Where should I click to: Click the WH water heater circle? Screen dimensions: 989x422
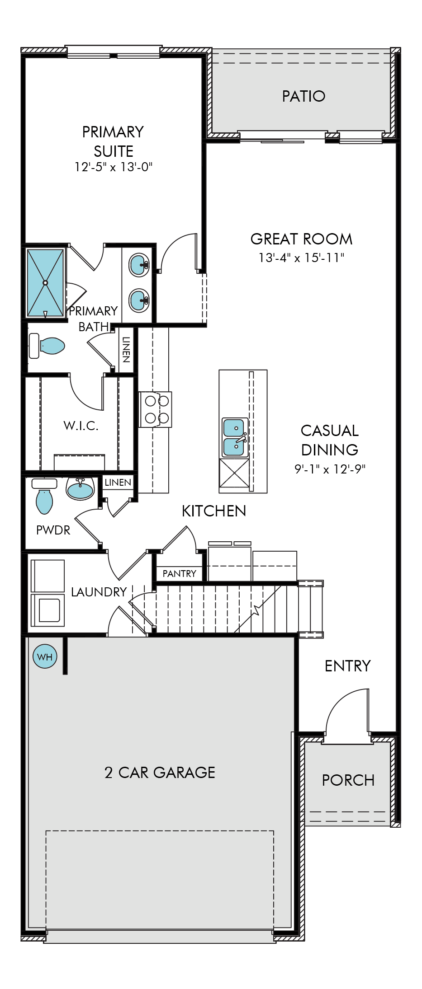pyautogui.click(x=45, y=656)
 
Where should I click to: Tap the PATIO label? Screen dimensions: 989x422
pyautogui.click(x=303, y=96)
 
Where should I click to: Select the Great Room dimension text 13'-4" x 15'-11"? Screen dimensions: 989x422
pyautogui.click(x=301, y=258)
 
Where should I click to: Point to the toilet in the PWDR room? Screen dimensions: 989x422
pyautogui.click(x=44, y=500)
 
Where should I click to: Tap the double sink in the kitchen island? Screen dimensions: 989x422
pyautogui.click(x=234, y=437)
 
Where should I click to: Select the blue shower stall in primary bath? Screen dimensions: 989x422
pyautogui.click(x=45, y=283)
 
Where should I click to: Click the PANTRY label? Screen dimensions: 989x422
pyautogui.click(x=179, y=573)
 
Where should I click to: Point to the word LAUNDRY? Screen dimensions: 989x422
pyautogui.click(x=99, y=592)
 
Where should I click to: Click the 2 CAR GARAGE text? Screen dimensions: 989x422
pyautogui.click(x=160, y=773)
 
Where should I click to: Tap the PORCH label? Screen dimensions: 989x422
pyautogui.click(x=348, y=780)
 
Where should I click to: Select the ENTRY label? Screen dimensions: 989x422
pyautogui.click(x=347, y=666)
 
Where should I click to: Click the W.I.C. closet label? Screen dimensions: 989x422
pyautogui.click(x=81, y=426)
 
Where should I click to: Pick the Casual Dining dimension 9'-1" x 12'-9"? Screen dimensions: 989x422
pyautogui.click(x=330, y=469)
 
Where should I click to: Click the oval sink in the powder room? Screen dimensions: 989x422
pyautogui.click(x=80, y=489)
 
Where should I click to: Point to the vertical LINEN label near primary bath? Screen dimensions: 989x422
pyautogui.click(x=126, y=350)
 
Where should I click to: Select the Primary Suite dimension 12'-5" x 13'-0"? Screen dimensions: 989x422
pyautogui.click(x=113, y=167)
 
